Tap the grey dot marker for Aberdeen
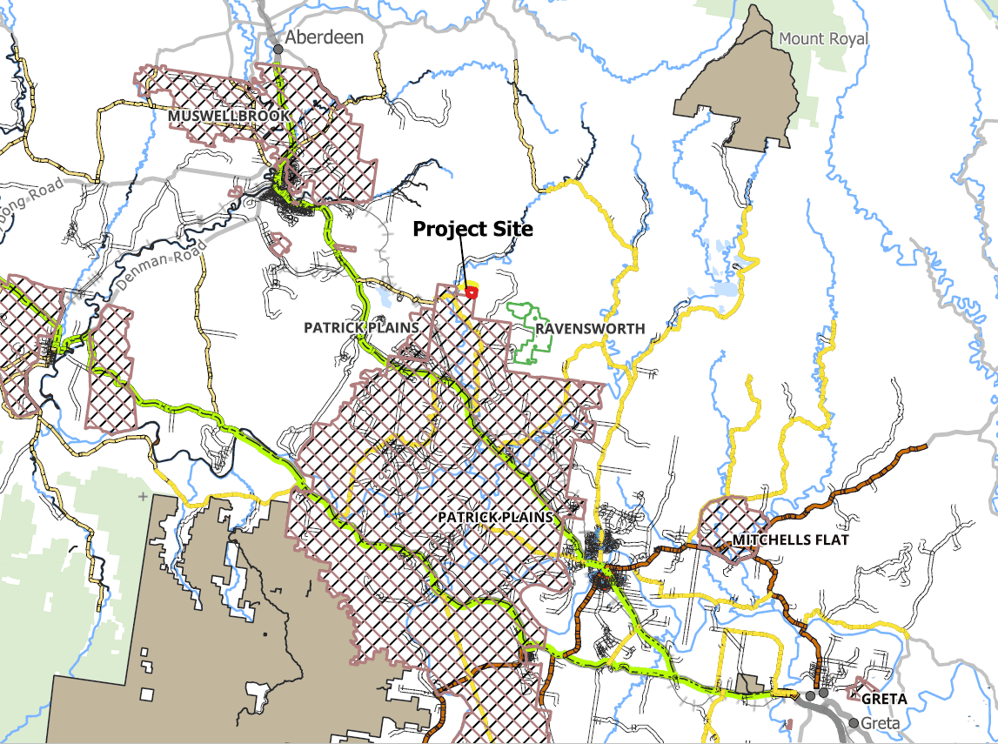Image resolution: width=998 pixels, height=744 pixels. pos(278,50)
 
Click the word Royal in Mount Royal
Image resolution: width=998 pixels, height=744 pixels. pos(847,39)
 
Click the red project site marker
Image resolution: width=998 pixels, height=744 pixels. pos(471,292)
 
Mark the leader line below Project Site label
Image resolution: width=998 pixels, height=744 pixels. pos(463,263)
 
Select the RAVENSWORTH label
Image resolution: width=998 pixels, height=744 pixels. pos(590,329)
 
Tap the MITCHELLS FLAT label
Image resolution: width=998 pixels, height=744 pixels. pos(790,540)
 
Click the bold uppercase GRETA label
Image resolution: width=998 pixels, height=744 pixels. pos(884,699)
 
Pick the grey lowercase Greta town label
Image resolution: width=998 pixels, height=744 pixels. pos(880,723)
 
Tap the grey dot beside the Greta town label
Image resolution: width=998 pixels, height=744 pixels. pos(854,723)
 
